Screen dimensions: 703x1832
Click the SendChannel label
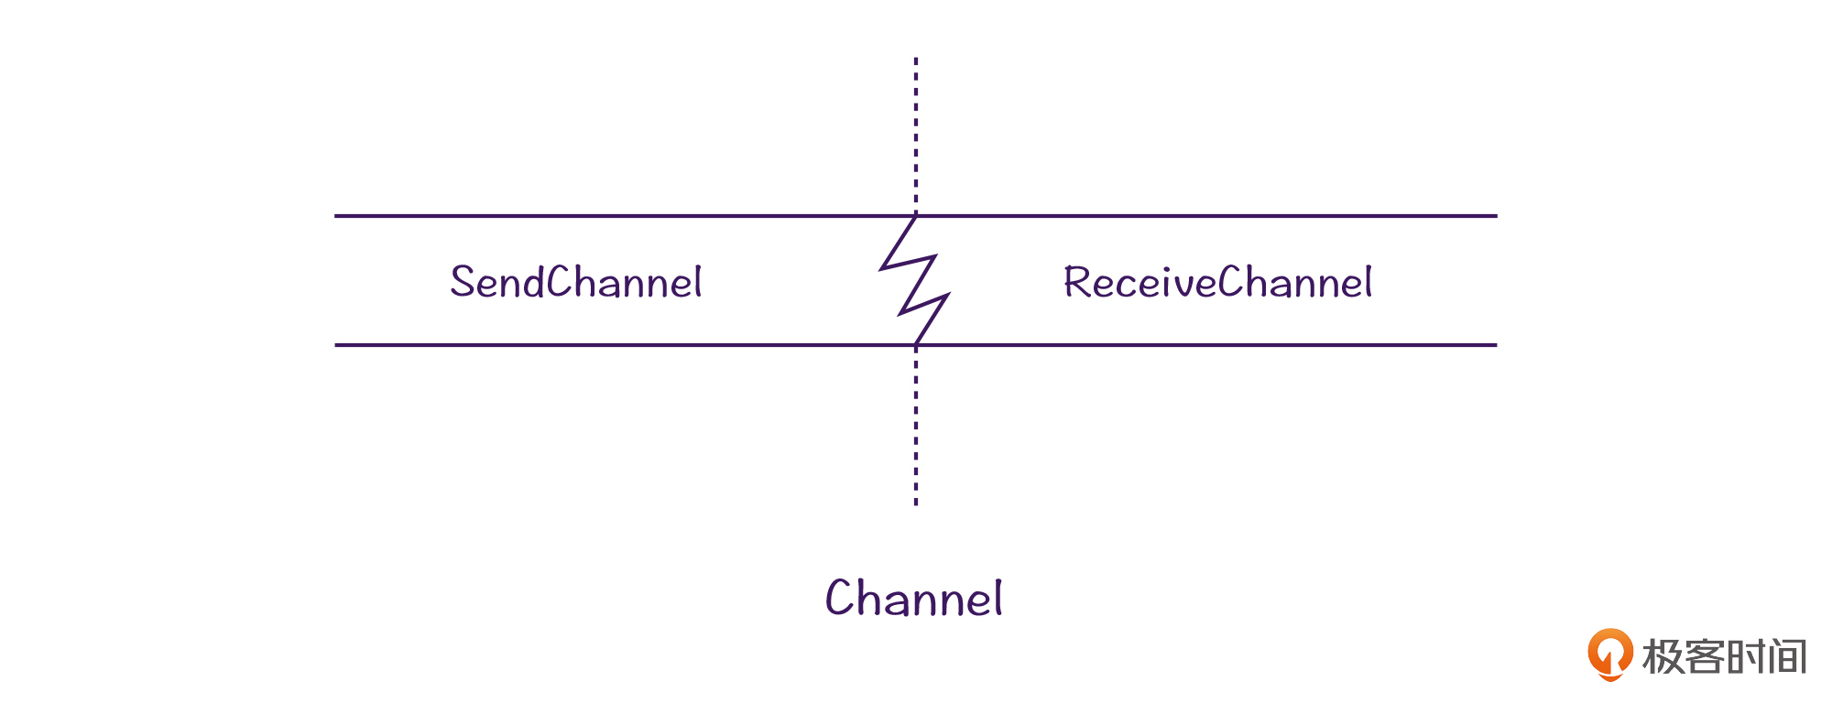(576, 282)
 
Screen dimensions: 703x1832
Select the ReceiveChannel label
(1217, 282)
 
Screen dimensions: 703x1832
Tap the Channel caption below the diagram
(913, 599)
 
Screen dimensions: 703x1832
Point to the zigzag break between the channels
(915, 280)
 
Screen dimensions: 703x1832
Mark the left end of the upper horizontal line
(337, 216)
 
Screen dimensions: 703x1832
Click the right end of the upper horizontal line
(1494, 216)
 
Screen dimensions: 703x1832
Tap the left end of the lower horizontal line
(337, 345)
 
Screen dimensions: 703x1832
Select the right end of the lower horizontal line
(1494, 345)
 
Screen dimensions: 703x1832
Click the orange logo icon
(1609, 654)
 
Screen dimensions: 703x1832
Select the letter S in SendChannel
(463, 282)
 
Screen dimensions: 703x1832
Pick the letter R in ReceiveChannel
(1077, 282)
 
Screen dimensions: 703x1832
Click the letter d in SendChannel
(533, 282)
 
